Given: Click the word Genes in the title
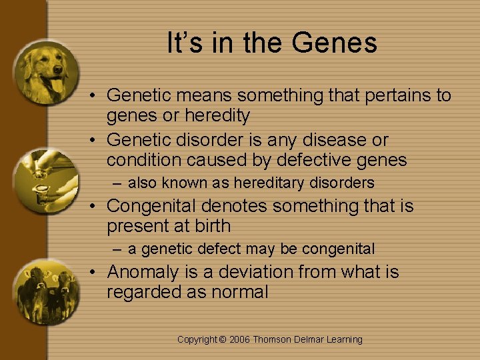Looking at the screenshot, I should coord(335,43).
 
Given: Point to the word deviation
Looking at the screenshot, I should coord(249,272).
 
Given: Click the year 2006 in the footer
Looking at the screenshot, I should coord(240,339).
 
